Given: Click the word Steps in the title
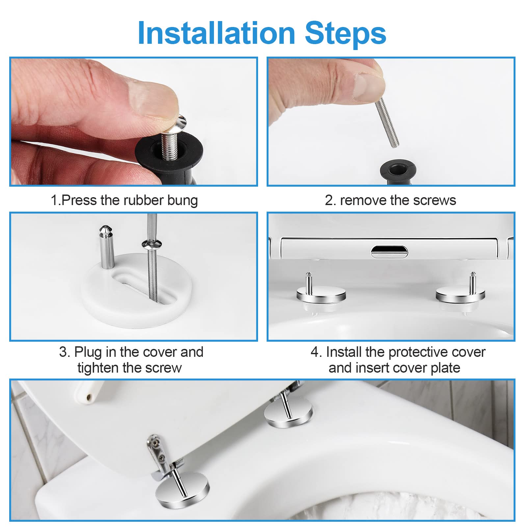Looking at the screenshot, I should pyautogui.click(x=345, y=33).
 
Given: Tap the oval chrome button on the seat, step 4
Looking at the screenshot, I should pyautogui.click(x=389, y=252).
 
